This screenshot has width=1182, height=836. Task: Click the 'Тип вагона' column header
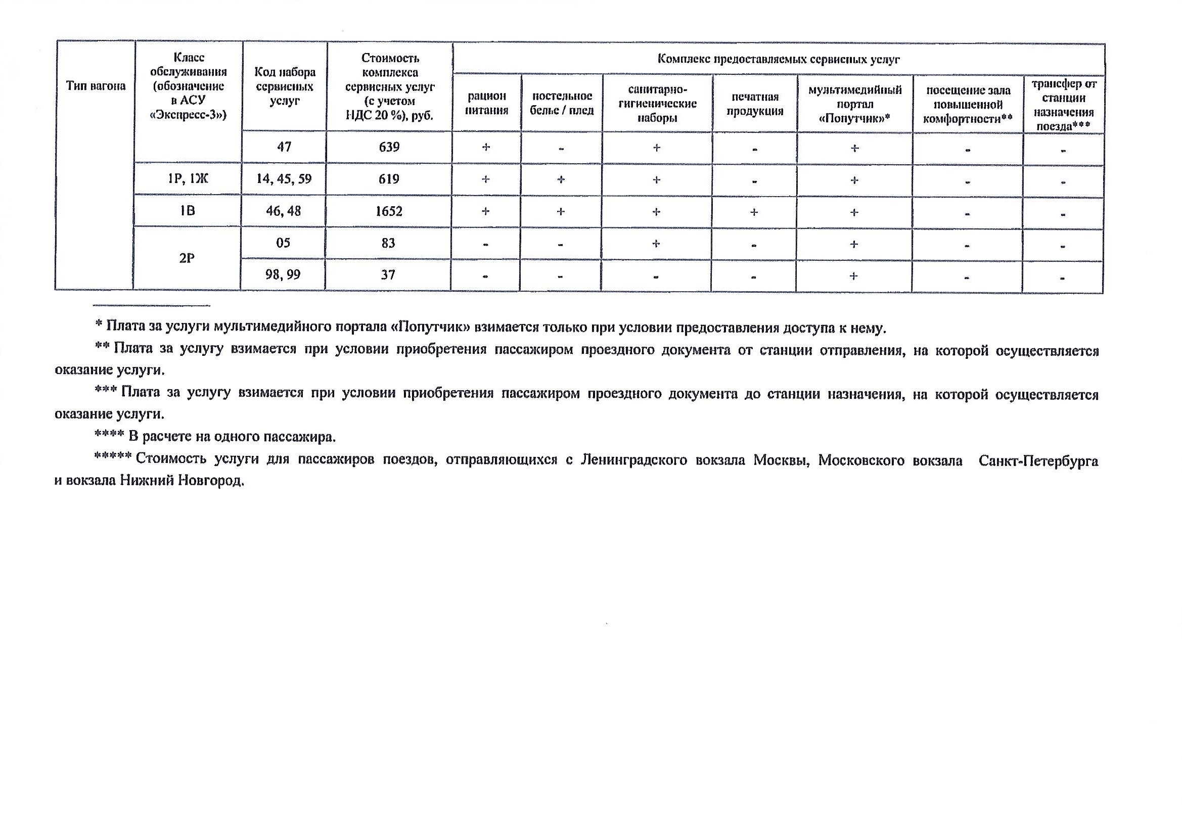pos(96,86)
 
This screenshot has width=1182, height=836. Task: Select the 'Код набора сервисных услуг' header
pos(285,86)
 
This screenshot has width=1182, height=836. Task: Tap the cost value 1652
pos(389,211)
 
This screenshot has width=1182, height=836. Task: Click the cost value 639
pos(389,147)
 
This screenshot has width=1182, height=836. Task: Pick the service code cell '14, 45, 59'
pos(284,179)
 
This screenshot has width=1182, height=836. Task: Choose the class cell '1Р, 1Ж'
pos(188,179)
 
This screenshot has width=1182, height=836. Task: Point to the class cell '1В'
pos(188,211)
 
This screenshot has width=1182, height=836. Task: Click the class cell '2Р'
pos(187,258)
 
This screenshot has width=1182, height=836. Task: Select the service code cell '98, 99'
pos(283,275)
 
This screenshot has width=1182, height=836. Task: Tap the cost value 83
pos(388,243)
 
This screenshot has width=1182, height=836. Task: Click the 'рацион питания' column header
pos(487,103)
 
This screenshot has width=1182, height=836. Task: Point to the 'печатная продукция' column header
pos(755,104)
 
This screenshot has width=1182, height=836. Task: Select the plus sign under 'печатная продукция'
pos(754,212)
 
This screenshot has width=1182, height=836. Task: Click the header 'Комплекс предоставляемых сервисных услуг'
pos(779,59)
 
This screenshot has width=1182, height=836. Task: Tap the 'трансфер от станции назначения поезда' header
pos(1064,105)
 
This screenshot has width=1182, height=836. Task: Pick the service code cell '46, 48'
pos(284,211)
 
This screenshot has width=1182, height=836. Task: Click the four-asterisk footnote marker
pos(109,437)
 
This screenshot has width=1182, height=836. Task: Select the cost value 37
pos(388,275)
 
